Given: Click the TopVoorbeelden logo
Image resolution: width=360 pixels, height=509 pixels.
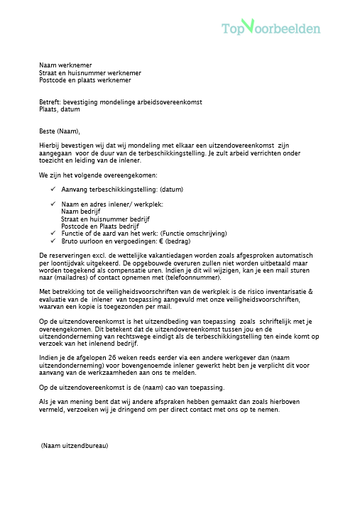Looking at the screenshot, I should point(271,28).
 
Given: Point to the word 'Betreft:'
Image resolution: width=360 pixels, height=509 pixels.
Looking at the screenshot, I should point(51,103).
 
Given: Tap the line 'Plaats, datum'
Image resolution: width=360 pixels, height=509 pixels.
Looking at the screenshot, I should point(60,110).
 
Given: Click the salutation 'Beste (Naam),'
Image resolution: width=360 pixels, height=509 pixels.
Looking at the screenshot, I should point(60,131).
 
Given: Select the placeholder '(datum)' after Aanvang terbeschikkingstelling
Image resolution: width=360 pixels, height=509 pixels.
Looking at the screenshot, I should point(172,190).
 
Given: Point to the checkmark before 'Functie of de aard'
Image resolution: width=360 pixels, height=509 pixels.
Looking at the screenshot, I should point(54,233).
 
